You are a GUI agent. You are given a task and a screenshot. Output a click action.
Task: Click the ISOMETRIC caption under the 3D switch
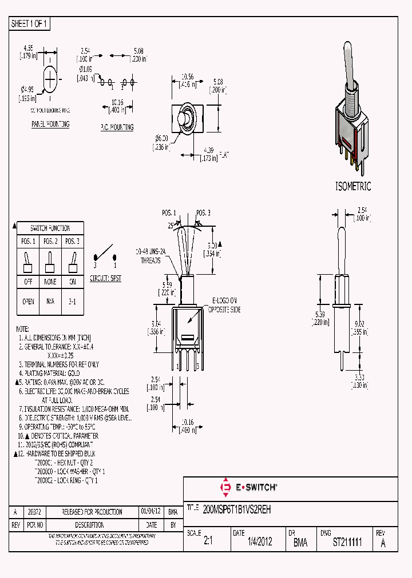click(353, 186)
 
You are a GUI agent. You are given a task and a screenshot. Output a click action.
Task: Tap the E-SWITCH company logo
click(249, 487)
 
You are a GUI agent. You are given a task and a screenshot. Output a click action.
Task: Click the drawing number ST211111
click(347, 543)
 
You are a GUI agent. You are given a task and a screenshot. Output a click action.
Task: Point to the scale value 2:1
click(208, 543)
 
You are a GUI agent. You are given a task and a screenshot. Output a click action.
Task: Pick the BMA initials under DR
click(300, 543)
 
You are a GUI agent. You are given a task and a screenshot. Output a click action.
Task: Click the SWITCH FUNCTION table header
click(50, 228)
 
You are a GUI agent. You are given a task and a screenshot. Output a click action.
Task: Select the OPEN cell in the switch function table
click(28, 302)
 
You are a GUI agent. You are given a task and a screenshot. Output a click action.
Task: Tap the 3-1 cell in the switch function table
click(73, 302)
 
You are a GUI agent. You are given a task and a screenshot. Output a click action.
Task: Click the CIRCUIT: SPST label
click(105, 279)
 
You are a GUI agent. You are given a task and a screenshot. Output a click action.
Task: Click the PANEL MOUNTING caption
click(50, 124)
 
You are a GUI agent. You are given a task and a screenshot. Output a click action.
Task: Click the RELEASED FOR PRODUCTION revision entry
click(92, 512)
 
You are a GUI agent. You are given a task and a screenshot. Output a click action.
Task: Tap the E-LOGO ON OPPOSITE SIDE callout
click(225, 305)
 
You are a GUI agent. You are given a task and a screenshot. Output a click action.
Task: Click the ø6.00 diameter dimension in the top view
click(161, 142)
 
